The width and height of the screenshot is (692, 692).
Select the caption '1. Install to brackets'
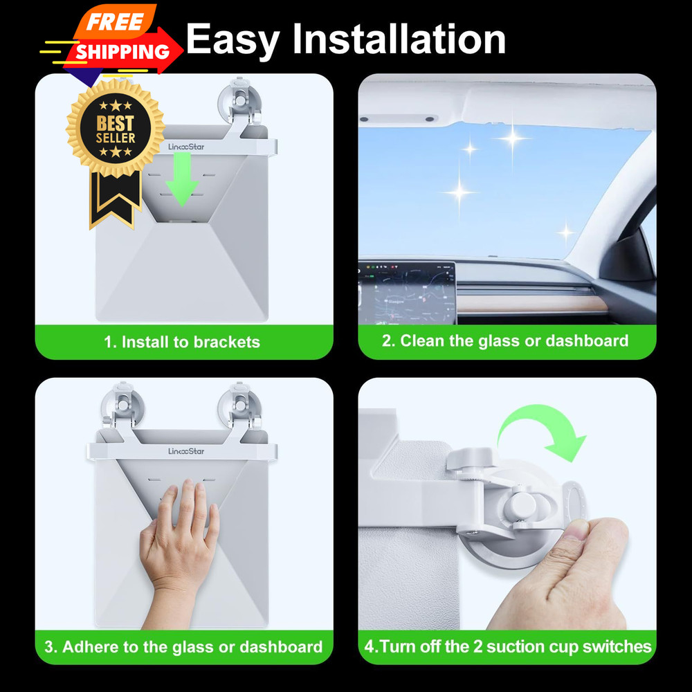pos(182,342)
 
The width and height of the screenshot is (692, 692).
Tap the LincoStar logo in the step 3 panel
pos(186,451)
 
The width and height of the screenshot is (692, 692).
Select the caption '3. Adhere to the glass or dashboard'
pos(183,647)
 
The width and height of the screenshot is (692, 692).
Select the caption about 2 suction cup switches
pos(507,647)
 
